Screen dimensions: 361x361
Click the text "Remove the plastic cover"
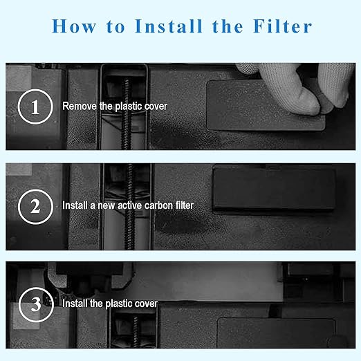coord(114,107)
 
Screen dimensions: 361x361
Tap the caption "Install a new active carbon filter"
coord(128,205)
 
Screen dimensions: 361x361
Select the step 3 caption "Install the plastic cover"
coord(110,304)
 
